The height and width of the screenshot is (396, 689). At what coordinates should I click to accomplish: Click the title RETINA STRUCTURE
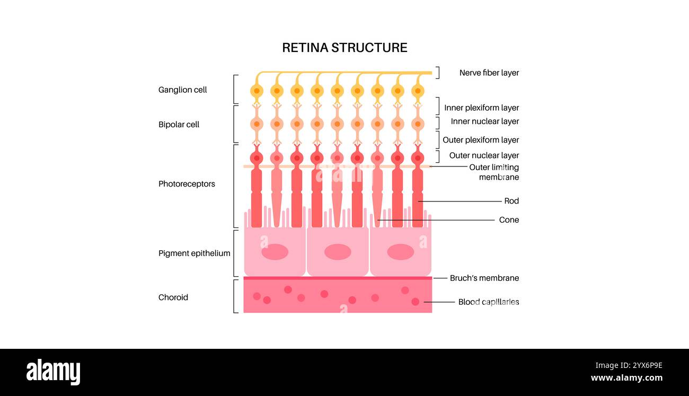pos(344,48)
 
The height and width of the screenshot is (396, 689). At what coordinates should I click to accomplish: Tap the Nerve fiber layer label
pos(489,73)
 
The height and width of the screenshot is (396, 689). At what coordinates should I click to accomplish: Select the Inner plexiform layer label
pos(481,108)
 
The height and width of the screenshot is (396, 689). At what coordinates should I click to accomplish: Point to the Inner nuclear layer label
pos(484,121)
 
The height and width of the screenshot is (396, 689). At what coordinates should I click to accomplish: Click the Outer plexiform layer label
pos(480,140)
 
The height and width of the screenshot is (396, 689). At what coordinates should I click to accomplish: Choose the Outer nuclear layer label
pos(484,155)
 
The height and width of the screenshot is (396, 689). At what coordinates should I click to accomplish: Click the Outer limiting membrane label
pos(493,172)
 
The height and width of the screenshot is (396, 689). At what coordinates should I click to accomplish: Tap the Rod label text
pos(511,201)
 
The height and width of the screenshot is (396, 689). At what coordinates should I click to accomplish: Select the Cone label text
pos(509,219)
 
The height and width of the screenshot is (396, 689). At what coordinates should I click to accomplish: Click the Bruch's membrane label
pos(484,278)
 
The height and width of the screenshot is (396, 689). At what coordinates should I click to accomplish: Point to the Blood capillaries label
pos(488,302)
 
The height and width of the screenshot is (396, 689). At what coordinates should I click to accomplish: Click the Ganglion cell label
pos(182,90)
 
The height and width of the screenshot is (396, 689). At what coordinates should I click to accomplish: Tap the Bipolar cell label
pos(179,125)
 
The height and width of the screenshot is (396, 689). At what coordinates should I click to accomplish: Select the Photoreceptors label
pos(187,184)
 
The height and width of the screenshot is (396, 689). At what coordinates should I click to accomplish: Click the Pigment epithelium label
pos(194,253)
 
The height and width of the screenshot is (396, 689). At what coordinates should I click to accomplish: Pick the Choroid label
pos(173,297)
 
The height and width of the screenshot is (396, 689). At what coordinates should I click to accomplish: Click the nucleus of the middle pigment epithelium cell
pos(338,252)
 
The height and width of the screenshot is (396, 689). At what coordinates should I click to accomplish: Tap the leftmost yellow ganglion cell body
pos(257,91)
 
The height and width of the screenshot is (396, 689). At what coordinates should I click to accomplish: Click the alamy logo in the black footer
pos(53,372)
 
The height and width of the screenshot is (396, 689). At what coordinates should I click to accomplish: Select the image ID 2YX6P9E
pos(628,365)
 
